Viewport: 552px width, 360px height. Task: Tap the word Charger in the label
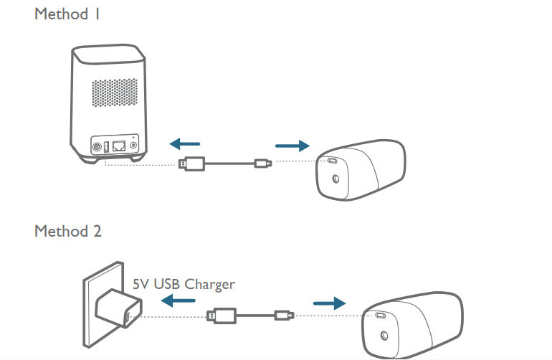tap(209, 285)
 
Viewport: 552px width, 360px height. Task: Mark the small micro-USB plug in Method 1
tap(262, 164)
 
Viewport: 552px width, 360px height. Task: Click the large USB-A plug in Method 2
tap(221, 315)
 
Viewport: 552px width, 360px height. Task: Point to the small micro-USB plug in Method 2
tap(283, 315)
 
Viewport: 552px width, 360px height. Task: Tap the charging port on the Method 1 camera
tap(333, 161)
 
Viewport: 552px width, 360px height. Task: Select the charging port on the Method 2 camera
tap(380, 315)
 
